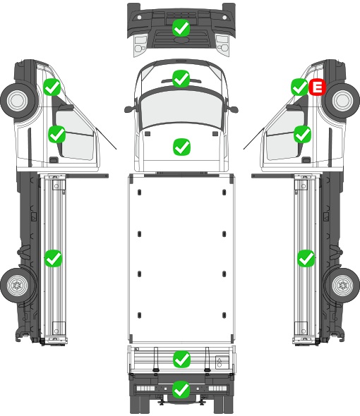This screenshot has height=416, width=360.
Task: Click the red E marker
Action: tap(317, 87)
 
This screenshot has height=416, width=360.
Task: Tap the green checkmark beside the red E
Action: tap(300, 87)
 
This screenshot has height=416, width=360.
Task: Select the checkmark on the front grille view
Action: tap(181, 28)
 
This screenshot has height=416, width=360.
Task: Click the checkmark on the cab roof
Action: tap(181, 78)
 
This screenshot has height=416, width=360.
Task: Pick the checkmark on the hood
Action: tap(181, 147)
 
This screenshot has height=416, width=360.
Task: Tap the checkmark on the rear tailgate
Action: tap(181, 360)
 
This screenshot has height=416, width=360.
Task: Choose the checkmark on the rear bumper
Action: tap(181, 389)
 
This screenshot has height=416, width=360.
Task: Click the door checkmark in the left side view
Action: tap(56, 134)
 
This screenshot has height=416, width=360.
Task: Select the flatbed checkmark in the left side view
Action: tap(53, 258)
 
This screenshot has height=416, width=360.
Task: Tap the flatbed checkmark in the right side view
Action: tap(306, 258)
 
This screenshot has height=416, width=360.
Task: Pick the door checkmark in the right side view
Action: tap(302, 134)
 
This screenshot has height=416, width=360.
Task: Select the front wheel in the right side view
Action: tap(342, 100)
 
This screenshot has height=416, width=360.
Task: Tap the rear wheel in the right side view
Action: tap(342, 285)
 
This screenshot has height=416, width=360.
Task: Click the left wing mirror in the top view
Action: tap(129, 109)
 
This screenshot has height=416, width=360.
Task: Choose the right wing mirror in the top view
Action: tap(233, 109)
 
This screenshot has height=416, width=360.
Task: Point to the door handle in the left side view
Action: tap(54, 160)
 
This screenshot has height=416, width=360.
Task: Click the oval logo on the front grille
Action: tap(181, 39)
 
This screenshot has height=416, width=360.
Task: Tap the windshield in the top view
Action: tap(181, 109)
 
